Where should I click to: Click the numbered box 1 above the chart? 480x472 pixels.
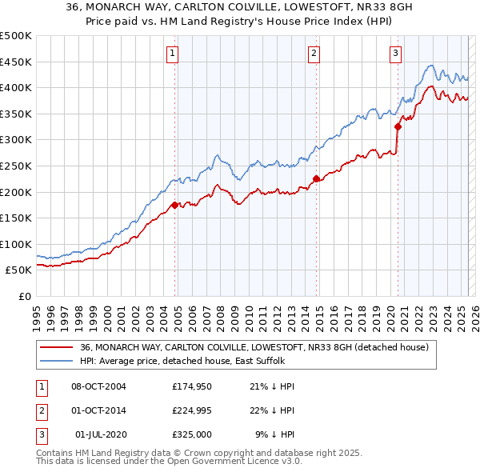173,54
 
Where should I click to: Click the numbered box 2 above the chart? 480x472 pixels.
314,54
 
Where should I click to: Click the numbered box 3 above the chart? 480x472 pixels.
396,54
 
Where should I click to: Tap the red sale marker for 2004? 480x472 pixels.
174,206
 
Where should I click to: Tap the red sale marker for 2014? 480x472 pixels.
316,178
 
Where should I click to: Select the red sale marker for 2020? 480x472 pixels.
398,126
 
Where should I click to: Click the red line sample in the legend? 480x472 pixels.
56,347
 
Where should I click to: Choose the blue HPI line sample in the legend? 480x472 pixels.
56,361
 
